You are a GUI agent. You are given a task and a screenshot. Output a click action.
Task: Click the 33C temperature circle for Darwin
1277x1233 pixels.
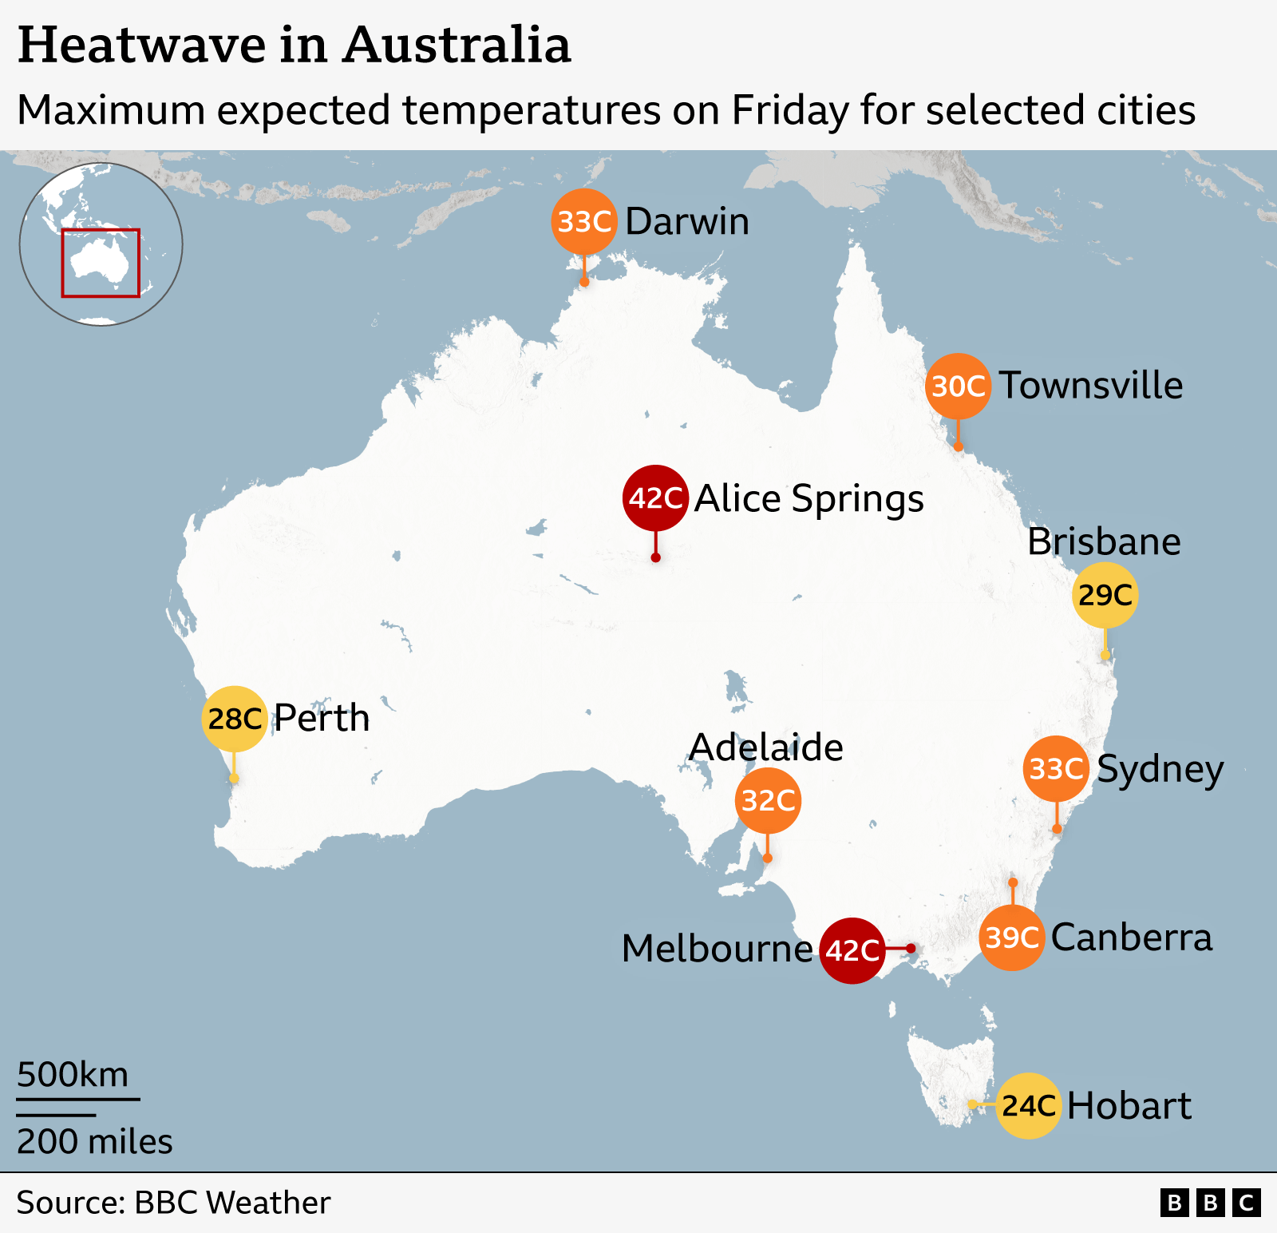584,222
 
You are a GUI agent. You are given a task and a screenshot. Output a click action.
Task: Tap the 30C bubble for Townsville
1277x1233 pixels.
958,387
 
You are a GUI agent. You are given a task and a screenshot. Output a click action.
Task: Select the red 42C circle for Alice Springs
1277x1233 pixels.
655,498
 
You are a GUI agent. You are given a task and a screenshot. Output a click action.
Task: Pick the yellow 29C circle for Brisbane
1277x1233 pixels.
1105,595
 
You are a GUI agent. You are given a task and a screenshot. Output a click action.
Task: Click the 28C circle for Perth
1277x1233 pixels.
235,719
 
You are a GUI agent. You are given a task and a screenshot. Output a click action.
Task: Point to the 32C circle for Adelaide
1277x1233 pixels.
768,800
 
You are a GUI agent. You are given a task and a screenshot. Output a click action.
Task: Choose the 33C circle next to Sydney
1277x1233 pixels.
1056,769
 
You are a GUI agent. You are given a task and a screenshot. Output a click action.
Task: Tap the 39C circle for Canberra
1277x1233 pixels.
1012,938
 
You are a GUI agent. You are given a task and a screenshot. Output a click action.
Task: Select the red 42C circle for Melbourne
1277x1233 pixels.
852,950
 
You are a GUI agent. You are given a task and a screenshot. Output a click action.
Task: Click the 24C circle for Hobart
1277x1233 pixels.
1029,1106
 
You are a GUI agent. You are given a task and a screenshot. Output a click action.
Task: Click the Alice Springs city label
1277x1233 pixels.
809,499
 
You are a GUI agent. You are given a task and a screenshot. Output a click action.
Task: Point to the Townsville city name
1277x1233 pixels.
1091,386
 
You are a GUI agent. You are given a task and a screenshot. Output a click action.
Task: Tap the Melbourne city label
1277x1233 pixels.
717,950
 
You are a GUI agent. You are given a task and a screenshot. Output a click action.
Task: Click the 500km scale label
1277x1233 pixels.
73,1075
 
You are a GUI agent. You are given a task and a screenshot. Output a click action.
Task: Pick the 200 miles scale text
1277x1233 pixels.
94,1142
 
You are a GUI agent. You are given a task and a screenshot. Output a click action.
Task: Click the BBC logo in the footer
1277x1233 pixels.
1210,1203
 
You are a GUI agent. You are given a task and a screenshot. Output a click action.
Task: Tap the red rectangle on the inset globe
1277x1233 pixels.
101,263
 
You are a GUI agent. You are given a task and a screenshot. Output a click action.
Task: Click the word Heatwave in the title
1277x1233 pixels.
141,46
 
